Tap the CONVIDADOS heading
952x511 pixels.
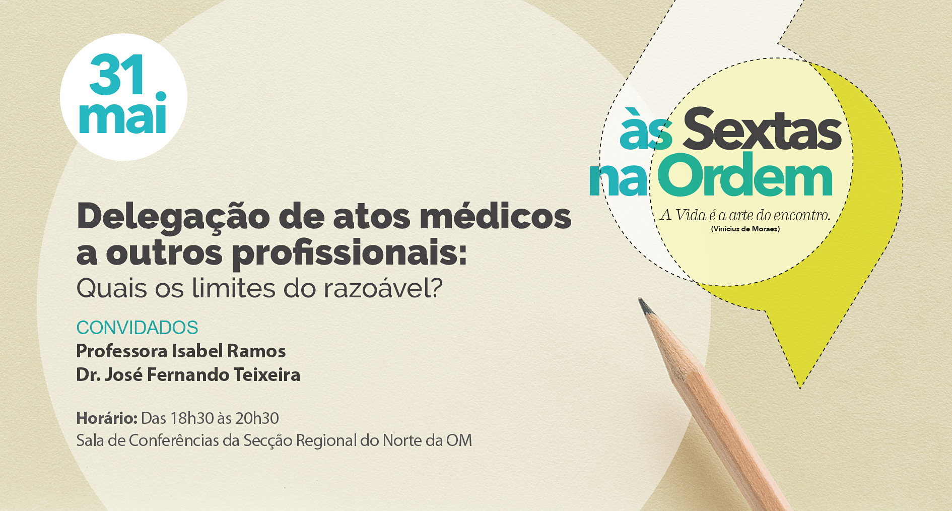pyautogui.click(x=137, y=328)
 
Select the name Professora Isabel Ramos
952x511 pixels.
pyautogui.click(x=181, y=351)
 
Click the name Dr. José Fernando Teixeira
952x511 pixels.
pyautogui.click(x=188, y=375)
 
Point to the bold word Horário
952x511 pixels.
pyautogui.click(x=107, y=418)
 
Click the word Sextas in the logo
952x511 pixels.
pyautogui.click(x=762, y=129)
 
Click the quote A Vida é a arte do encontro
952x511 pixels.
pyautogui.click(x=745, y=215)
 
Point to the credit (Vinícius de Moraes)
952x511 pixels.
pyautogui.click(x=745, y=229)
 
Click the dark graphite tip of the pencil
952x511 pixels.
pyautogui.click(x=644, y=305)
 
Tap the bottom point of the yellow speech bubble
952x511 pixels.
pyautogui.click(x=800, y=388)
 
